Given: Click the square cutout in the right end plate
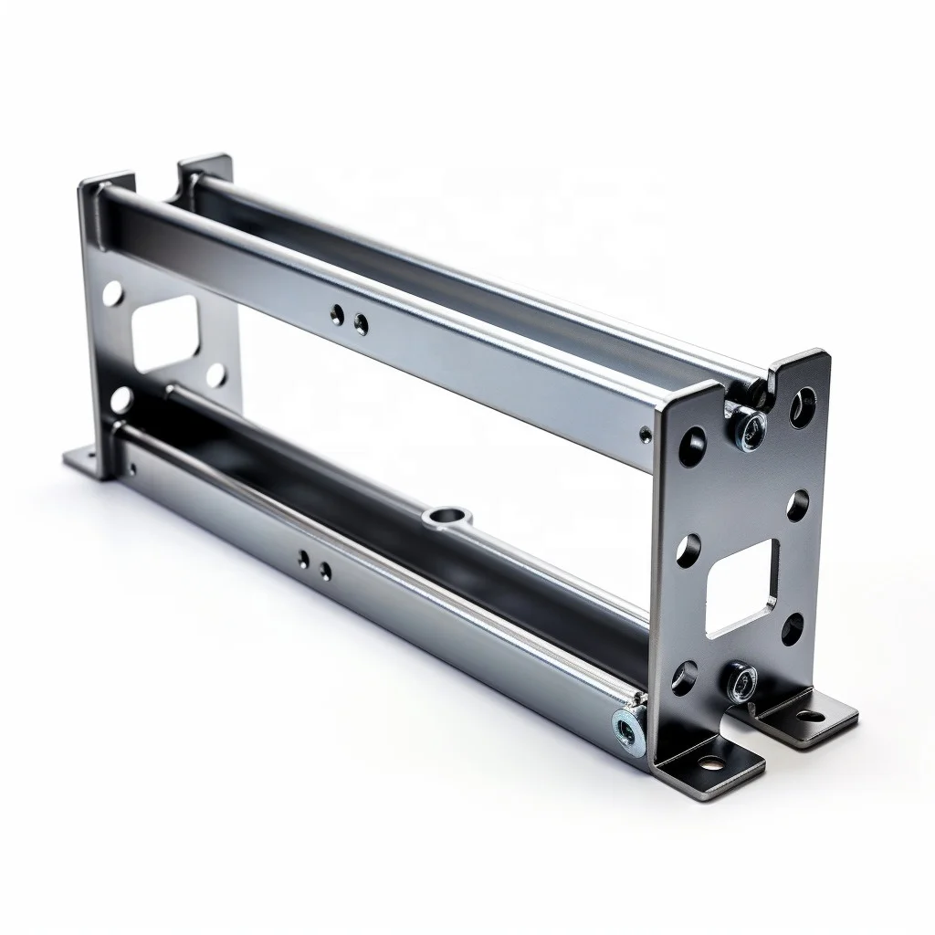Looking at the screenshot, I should click(x=742, y=586).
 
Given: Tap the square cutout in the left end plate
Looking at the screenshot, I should click(x=164, y=333).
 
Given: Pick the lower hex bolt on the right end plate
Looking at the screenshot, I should click(x=741, y=680).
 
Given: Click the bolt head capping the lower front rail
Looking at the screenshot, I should click(x=628, y=728).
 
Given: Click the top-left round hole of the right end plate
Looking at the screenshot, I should click(x=691, y=446).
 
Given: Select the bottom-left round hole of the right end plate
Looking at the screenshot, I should click(x=683, y=677).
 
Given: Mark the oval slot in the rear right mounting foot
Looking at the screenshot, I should click(x=808, y=718).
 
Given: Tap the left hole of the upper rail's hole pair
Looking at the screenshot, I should click(x=339, y=315).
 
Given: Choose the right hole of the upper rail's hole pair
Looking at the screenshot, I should click(x=362, y=323).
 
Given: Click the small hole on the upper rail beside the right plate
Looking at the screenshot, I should click(x=646, y=434).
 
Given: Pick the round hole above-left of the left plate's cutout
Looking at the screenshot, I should click(x=112, y=294).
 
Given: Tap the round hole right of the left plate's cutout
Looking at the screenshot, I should click(x=216, y=374).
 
